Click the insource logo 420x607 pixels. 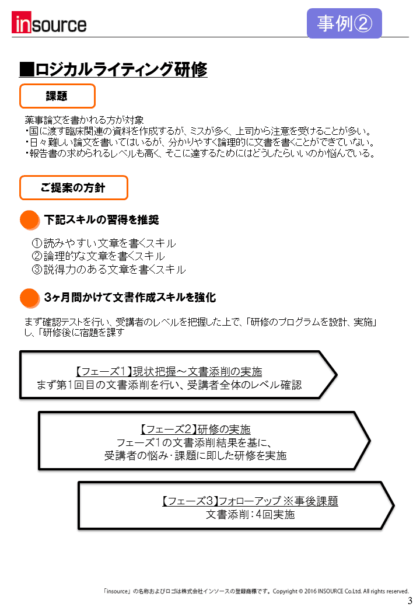pos(49,23)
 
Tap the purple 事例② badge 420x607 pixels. pos(344,23)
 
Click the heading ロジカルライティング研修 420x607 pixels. pos(113,69)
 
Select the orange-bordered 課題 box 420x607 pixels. pos(57,96)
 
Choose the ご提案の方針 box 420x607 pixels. pos(73,188)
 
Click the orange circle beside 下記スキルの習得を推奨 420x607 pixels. pos(30,220)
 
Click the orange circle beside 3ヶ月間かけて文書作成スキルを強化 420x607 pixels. pos(30,298)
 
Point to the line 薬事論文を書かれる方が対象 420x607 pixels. pos(85,120)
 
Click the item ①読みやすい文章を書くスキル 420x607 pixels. pos(104,243)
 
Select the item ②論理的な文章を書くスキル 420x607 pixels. pos(98,256)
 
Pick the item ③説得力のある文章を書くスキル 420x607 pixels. pos(108,269)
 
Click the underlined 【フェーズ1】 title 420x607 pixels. pos(168,372)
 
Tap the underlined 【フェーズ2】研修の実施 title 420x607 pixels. pos(195,430)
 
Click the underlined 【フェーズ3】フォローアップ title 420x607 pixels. pos(250,501)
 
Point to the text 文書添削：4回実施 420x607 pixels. pos(250,514)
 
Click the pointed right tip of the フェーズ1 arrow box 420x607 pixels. pos(337,375)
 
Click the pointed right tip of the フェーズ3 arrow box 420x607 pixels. pos(393,505)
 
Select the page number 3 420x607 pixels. pos(410,601)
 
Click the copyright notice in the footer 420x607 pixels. pos(256,591)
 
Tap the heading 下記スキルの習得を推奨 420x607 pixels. pos(101,220)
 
